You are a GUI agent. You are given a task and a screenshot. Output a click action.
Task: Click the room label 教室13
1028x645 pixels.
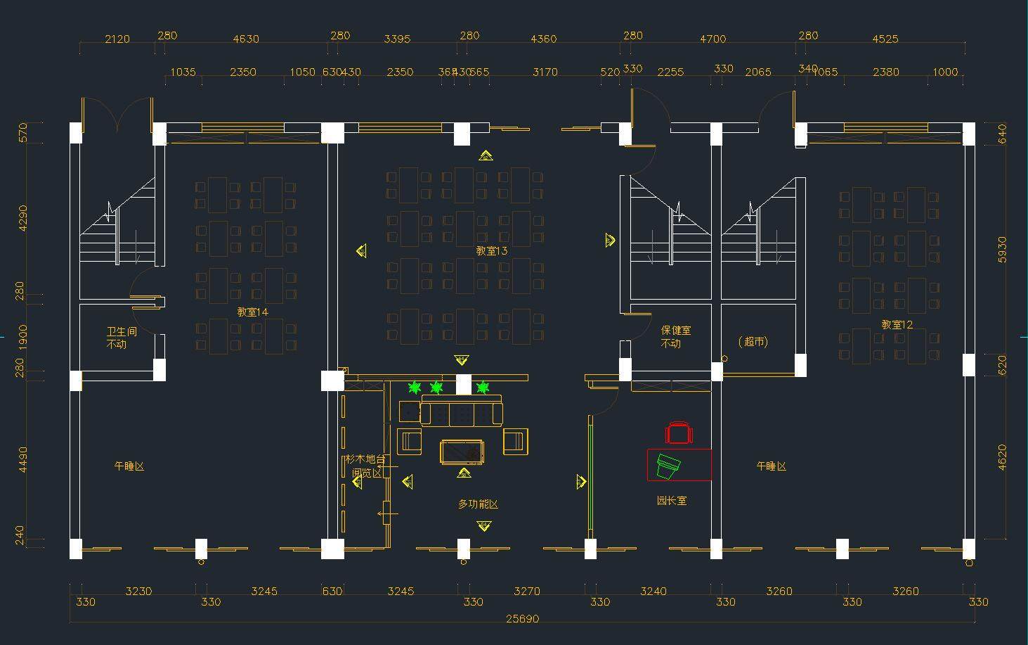491,250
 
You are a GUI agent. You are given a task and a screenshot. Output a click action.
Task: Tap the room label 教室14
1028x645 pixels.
252,312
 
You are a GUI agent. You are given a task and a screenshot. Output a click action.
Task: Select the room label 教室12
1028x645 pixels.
897,324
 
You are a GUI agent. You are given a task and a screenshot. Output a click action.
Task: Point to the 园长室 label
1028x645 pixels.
672,501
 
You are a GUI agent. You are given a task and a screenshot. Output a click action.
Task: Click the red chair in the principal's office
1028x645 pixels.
679,433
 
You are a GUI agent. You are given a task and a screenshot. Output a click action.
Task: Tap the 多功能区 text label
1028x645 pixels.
478,504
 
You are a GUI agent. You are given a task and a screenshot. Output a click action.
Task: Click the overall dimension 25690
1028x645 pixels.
522,619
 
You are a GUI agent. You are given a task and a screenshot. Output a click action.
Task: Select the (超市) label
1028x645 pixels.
753,342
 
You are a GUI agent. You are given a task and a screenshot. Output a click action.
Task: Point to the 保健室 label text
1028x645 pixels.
675,330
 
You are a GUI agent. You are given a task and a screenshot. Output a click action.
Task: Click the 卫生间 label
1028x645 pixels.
122,331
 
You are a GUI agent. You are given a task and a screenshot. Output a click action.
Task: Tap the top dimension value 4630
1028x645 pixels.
246,39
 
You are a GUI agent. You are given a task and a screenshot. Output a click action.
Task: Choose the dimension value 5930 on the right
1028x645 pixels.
1002,250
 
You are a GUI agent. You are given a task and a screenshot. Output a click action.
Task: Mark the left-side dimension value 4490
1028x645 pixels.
23,459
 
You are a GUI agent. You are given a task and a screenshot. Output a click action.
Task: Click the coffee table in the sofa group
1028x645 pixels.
462,451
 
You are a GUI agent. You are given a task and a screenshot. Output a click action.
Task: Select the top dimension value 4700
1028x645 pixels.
713,39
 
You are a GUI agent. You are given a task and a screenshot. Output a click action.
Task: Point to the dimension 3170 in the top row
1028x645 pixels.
545,72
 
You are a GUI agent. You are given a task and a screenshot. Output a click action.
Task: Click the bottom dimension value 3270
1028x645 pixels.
527,591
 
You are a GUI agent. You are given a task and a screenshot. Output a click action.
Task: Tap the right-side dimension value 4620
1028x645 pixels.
1002,456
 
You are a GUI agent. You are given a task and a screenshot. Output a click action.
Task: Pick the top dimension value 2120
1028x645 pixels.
117,39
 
